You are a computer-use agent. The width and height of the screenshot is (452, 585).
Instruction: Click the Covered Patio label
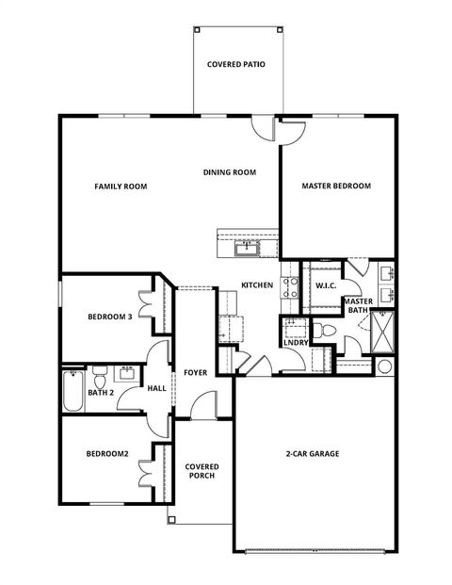click(235, 65)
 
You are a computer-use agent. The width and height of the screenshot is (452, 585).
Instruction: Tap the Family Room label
click(121, 187)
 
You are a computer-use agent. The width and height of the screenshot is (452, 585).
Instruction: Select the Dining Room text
click(230, 172)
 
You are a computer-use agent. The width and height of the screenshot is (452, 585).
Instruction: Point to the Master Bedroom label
click(336, 187)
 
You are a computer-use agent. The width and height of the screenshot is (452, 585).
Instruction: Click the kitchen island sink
click(248, 248)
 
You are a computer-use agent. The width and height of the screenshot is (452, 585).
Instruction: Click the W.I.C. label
click(327, 285)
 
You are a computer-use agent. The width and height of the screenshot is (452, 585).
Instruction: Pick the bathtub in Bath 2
click(73, 392)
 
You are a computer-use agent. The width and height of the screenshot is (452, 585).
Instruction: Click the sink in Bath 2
click(127, 373)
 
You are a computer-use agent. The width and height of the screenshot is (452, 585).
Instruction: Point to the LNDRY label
click(295, 342)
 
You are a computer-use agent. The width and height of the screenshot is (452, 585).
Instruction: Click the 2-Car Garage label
click(313, 454)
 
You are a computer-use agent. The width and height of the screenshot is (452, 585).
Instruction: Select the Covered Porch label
click(201, 471)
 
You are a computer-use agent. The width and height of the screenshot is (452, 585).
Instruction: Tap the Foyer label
click(195, 372)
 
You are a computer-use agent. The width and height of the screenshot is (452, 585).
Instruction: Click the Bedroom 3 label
click(109, 317)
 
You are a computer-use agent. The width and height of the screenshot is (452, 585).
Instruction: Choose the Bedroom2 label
click(106, 454)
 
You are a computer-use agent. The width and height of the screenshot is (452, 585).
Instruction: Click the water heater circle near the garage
click(385, 366)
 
